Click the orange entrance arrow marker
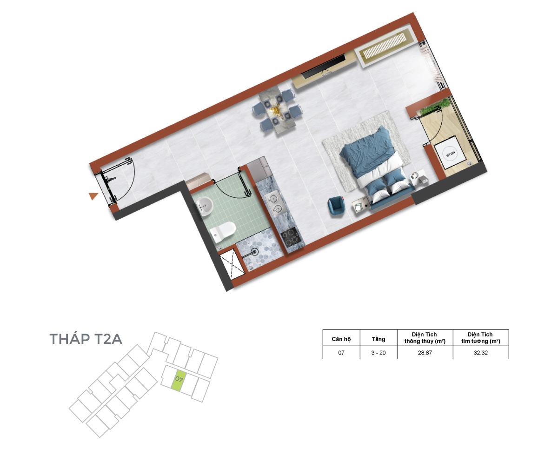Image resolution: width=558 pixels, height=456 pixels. coord(93,196)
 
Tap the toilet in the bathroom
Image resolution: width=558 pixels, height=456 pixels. coord(223,232)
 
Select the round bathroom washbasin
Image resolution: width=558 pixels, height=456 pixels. coord(204,206)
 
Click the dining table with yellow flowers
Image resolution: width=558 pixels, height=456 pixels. coord(277,110)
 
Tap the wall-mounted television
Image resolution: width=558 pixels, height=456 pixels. coord(323,66)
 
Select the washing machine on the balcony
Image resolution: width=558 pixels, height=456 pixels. coord(450,153)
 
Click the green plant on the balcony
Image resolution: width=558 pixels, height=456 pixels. coord(435,106)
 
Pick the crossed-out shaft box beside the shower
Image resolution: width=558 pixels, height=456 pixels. coord(232,264)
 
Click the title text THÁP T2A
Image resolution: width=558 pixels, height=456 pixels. coord(86,339)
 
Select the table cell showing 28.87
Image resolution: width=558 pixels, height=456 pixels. coord(425,352)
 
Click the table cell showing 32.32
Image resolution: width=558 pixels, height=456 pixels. coord(480,352)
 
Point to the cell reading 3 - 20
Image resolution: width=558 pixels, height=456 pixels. coord(379,352)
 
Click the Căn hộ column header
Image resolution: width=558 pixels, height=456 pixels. coord(341,339)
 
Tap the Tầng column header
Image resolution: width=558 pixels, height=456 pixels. coord(379,339)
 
